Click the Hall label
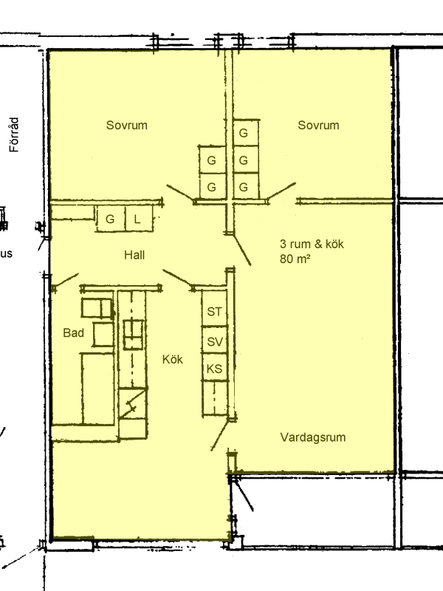[134, 255]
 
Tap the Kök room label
[173, 359]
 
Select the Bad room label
[73, 333]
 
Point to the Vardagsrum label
[312, 437]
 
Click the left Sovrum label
[126, 125]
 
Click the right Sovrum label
[318, 125]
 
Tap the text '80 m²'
[295, 259]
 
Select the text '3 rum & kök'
[312, 244]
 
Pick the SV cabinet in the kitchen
[215, 340]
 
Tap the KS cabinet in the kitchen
[215, 367]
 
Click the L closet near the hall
[139, 218]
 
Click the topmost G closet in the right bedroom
[246, 133]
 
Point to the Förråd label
[14, 134]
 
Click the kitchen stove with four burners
[134, 335]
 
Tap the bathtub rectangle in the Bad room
[98, 389]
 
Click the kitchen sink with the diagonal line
[133, 403]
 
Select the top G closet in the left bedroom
[212, 160]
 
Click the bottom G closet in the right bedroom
[246, 186]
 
